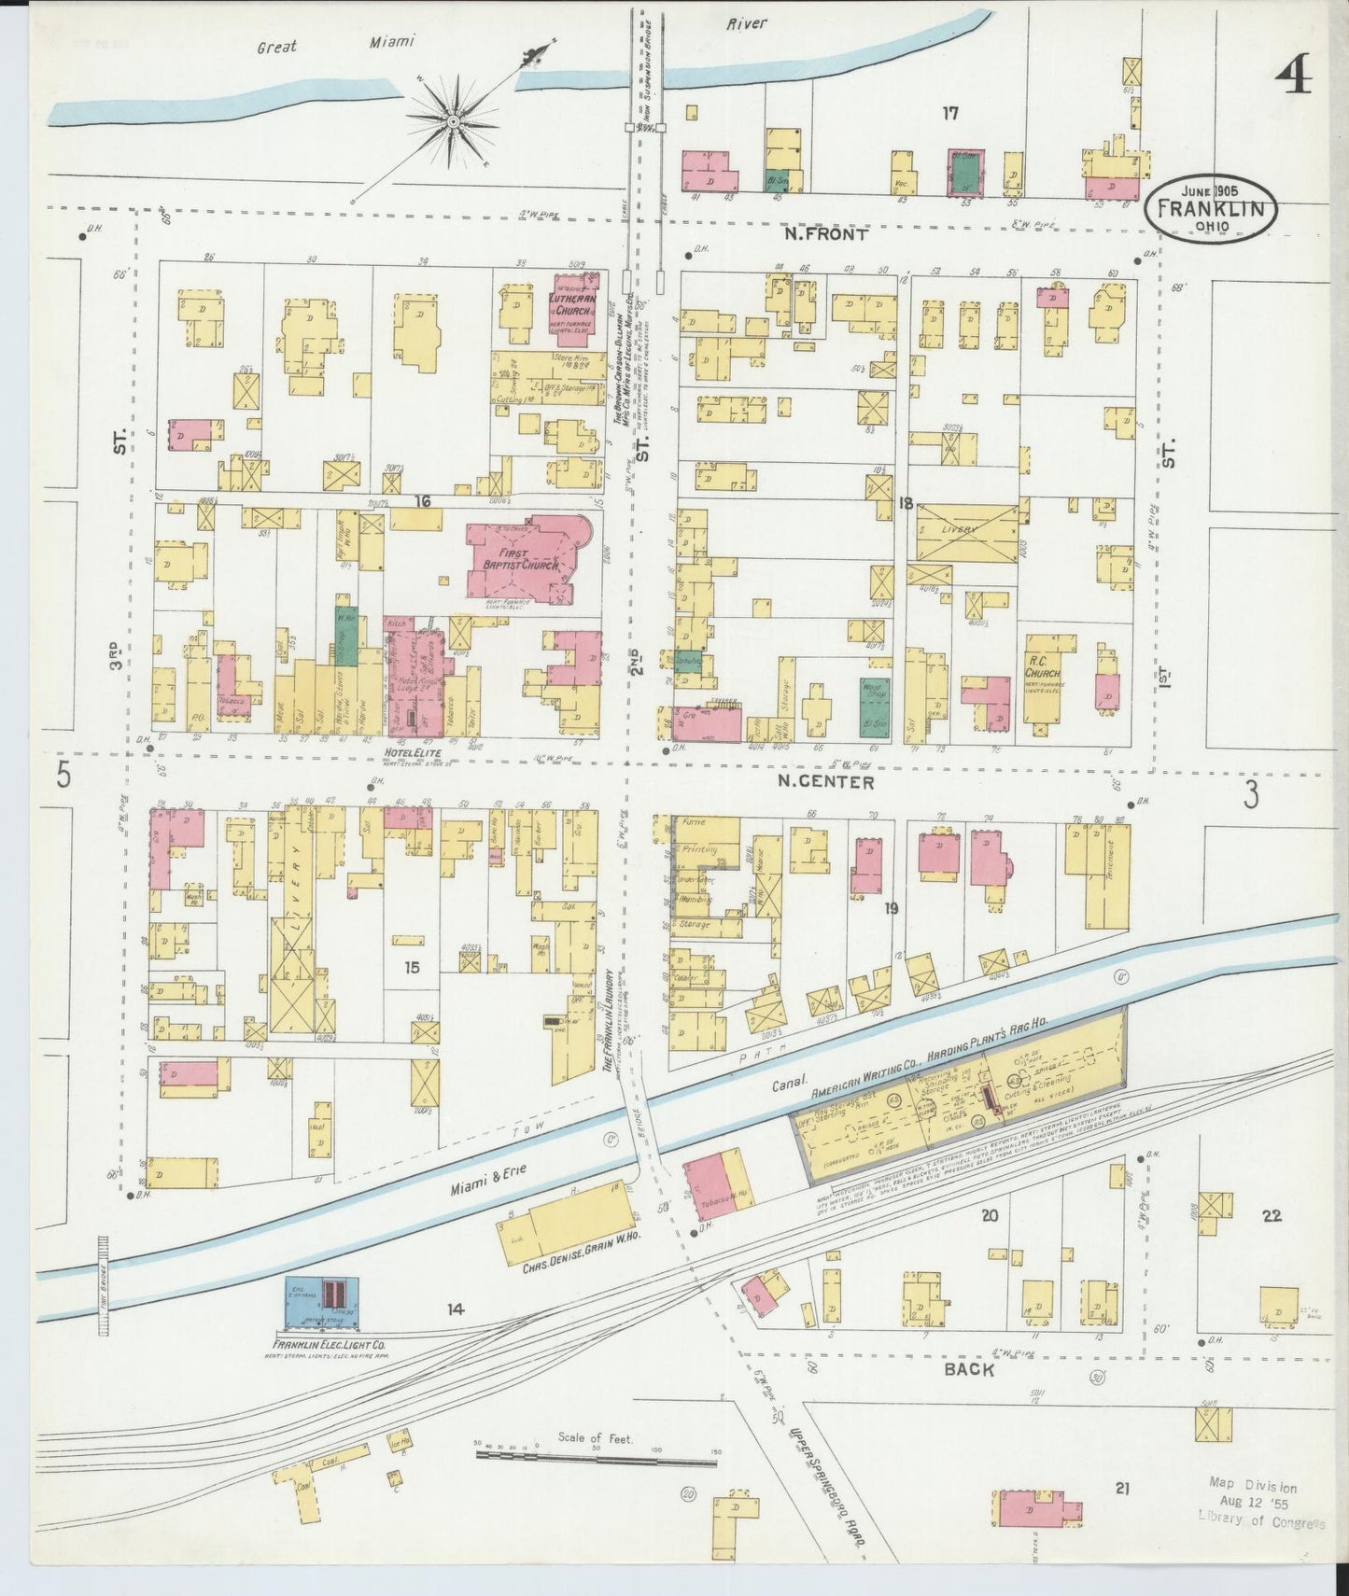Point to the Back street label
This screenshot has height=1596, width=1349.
(x=968, y=1369)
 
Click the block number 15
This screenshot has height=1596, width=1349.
(x=411, y=968)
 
